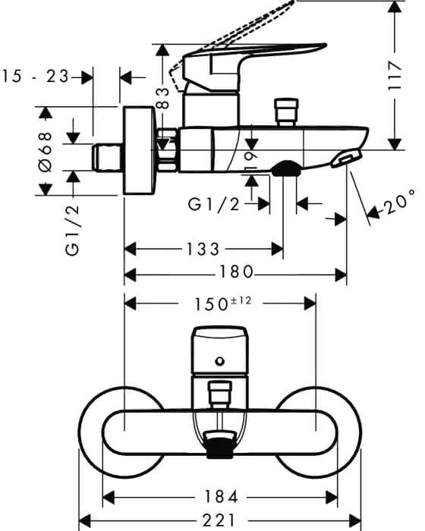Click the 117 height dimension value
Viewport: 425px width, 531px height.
tap(395, 76)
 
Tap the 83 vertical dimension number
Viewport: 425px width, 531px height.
tap(163, 98)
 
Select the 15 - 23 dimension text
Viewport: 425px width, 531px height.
tap(35, 77)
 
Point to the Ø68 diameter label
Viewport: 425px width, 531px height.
tap(45, 152)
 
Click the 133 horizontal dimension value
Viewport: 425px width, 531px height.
tap(203, 250)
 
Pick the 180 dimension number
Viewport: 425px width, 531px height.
tap(237, 272)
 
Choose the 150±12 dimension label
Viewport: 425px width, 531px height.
tap(222, 303)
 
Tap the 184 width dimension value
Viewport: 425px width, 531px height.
tap(221, 497)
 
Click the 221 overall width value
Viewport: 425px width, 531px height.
tap(219, 520)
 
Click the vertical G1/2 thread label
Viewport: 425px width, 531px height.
tap(73, 231)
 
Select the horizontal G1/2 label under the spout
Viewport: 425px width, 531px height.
tap(214, 205)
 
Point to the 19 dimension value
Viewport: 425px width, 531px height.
tap(251, 162)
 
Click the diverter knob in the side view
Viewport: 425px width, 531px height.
tap(287, 112)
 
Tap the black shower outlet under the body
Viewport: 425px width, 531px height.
tap(286, 168)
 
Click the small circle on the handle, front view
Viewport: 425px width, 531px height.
tap(220, 361)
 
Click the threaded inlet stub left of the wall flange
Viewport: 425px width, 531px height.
tap(108, 157)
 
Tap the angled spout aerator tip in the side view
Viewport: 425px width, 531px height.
tap(347, 159)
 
